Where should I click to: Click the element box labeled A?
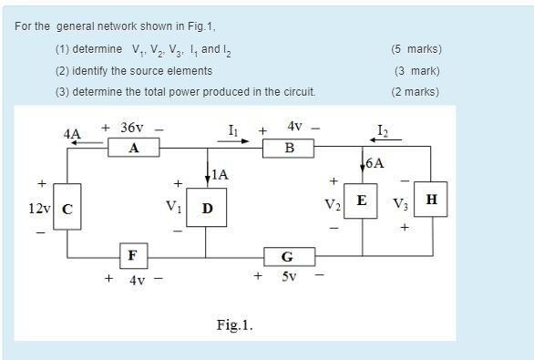pyautogui.click(x=134, y=149)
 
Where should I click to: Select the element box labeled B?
pyautogui.click(x=290, y=149)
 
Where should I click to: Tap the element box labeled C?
pyautogui.click(x=67, y=209)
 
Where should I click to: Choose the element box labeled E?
pyautogui.click(x=363, y=201)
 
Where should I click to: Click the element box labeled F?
pyautogui.click(x=133, y=254)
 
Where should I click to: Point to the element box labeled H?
pyautogui.click(x=431, y=200)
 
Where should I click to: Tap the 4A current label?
pyautogui.click(x=72, y=134)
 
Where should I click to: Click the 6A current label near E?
pyautogui.click(x=375, y=164)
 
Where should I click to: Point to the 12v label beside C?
pyautogui.click(x=39, y=209)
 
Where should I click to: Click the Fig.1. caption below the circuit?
pyautogui.click(x=235, y=324)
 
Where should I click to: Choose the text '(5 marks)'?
pyautogui.click(x=418, y=49)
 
